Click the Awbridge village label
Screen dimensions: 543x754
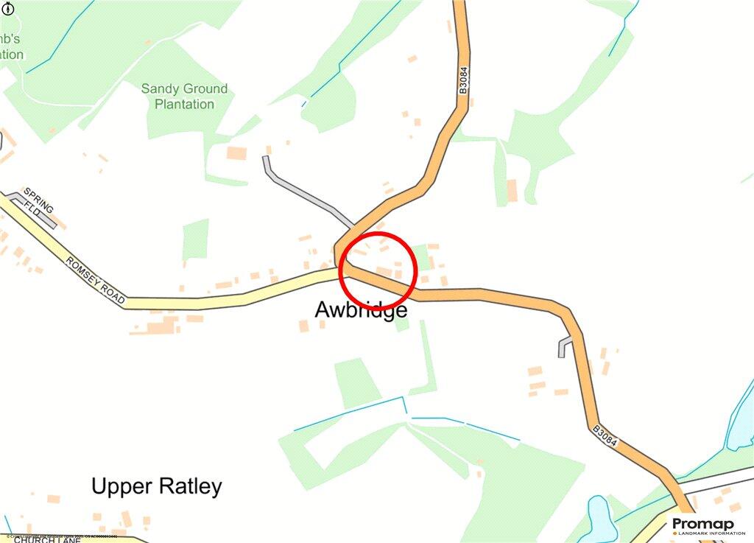(x=361, y=310)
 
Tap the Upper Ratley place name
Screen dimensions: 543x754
(x=156, y=486)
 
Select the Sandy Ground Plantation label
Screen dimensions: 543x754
(x=184, y=97)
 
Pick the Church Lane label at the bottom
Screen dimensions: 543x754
(x=47, y=539)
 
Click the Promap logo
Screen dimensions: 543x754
(x=703, y=525)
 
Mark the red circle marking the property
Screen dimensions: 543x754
(x=378, y=270)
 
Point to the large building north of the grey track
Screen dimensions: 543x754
(x=236, y=153)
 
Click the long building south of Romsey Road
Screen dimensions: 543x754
(x=155, y=326)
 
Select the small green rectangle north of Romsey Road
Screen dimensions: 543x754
(x=195, y=239)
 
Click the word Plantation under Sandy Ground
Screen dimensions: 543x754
(x=184, y=105)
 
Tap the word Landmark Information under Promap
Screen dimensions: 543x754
(x=705, y=533)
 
